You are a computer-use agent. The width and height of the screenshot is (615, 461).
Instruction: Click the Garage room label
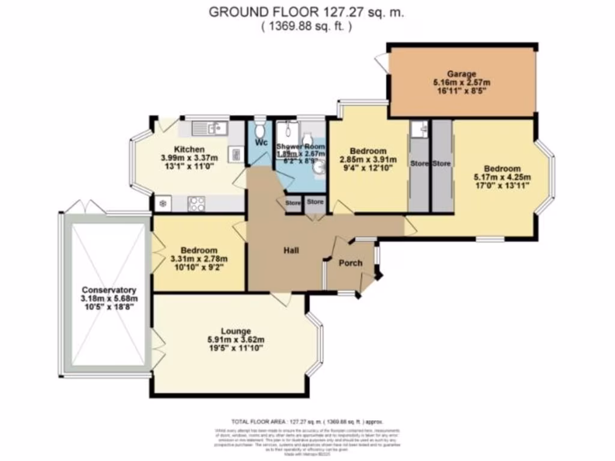coord(461,74)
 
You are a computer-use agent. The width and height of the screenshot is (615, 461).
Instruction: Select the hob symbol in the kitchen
coord(196,203)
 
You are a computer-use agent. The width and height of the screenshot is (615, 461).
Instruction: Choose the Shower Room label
coord(300,146)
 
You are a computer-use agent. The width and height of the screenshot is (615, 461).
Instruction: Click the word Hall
coord(291,250)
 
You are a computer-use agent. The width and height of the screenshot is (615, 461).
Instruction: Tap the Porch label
coord(350,263)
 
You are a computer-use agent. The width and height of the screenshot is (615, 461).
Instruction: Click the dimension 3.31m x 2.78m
coord(199,259)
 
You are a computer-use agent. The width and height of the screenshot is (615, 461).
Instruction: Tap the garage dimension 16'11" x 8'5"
coord(461,92)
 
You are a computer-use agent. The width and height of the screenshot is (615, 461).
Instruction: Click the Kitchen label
coord(189,149)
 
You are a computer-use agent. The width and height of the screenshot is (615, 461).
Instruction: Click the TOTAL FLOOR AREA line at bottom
coord(307,421)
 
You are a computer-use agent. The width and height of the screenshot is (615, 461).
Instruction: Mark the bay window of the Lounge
coord(316,345)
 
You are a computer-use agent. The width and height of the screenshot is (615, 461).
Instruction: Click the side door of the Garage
coord(381,61)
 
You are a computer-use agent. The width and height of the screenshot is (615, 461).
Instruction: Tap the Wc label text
coord(261,143)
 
